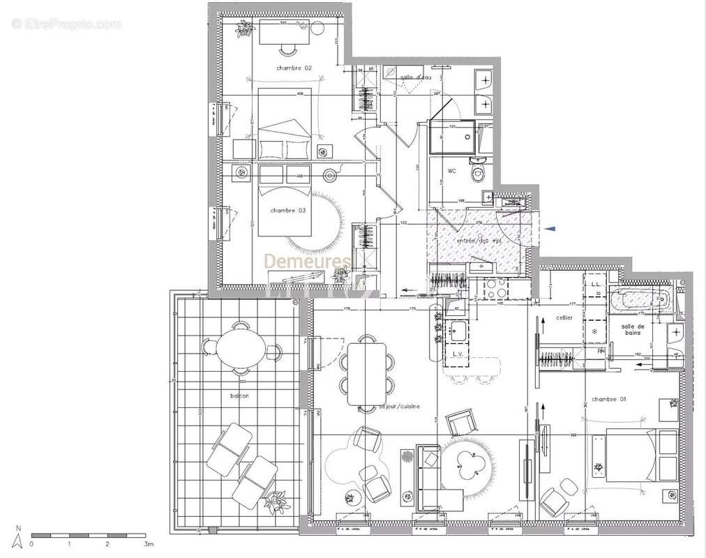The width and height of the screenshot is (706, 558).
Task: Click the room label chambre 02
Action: (294, 68)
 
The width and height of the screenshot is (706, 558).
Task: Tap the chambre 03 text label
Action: (287, 210)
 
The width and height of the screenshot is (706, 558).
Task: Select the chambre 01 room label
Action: (609, 399)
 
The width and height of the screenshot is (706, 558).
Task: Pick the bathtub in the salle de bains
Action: (639, 301)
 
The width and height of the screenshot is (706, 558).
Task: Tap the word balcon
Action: (240, 395)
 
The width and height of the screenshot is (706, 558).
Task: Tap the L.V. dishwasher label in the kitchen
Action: (458, 354)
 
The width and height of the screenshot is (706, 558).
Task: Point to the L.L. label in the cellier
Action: (596, 285)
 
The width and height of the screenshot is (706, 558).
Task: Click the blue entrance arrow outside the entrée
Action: (551, 228)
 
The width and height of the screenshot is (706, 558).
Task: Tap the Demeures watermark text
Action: (307, 261)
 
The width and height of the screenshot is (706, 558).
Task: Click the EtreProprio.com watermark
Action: (66, 24)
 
